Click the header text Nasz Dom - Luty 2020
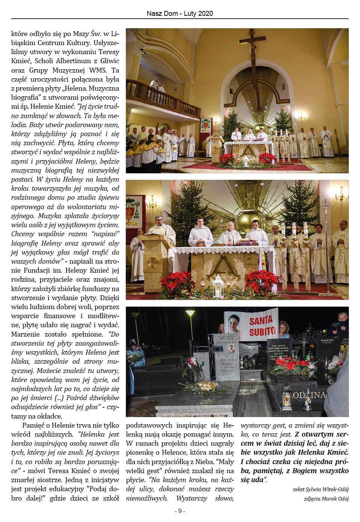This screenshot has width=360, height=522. coord(180,14)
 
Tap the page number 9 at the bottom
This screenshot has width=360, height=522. coord(180,511)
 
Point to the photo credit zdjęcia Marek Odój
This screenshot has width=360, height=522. coord(326,499)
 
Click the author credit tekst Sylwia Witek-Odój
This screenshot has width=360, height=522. coord(321,489)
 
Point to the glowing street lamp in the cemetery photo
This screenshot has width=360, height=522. coord(191,314)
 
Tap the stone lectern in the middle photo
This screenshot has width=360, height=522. coord(155,256)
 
